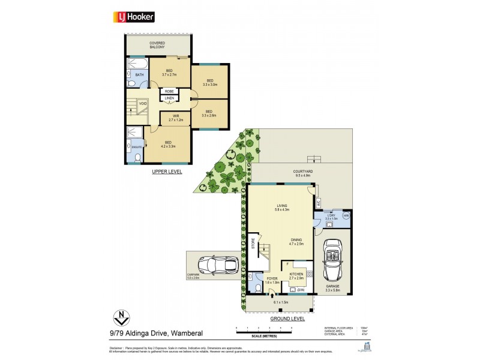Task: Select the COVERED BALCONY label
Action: [158, 44]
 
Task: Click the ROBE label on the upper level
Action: [169, 92]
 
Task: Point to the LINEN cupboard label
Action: [169, 98]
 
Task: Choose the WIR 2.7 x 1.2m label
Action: [176, 118]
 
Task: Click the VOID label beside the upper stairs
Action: [143, 104]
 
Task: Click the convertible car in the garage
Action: [332, 261]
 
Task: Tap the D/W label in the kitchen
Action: [301, 290]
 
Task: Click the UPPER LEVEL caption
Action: [167, 172]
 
